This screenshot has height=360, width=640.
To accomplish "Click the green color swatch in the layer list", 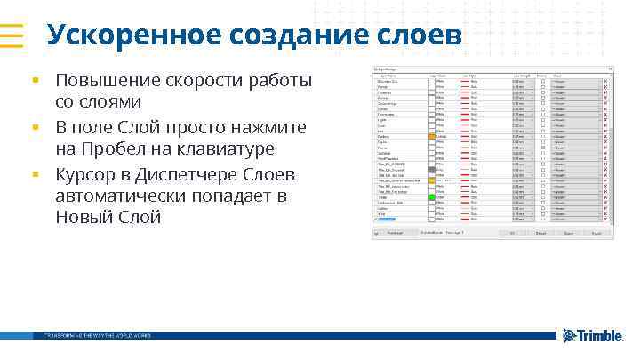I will tap(432, 196).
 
